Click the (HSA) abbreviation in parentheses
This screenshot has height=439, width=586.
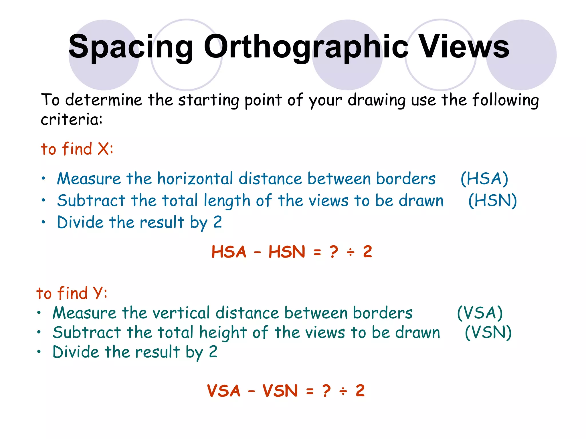pos(484,179)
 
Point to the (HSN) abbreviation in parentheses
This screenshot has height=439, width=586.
pos(492,201)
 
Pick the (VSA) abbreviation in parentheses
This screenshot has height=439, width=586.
pos(480,313)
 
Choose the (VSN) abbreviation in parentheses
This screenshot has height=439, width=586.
pos(488,333)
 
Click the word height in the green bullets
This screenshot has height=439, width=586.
pos(223,333)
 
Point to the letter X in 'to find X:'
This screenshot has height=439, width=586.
pos(103,149)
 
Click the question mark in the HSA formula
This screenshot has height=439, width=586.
pos(334,252)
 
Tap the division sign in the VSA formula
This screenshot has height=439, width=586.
pos(343,391)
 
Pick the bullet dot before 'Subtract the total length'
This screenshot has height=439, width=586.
pos(43,200)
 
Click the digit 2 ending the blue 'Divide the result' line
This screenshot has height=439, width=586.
pos(218,222)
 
